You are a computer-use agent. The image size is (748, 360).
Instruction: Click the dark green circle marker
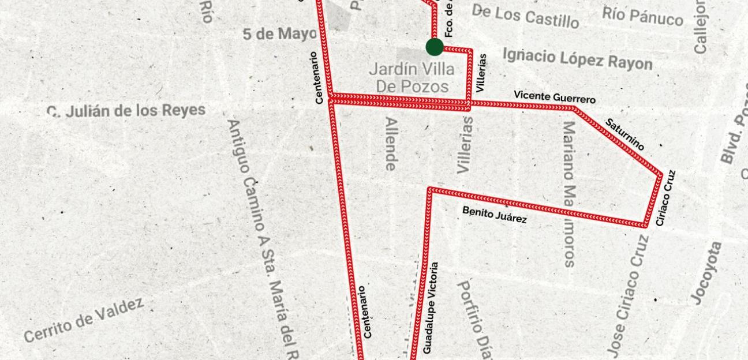pyautogui.click(x=435, y=47)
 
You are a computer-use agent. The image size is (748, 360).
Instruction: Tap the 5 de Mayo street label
pyautogui.click(x=279, y=34)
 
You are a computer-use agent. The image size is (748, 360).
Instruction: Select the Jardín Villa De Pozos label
pyautogui.click(x=412, y=78)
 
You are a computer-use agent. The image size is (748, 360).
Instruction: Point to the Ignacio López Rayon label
pyautogui.click(x=577, y=59)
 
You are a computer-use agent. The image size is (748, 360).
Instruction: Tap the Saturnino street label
pyautogui.click(x=624, y=134)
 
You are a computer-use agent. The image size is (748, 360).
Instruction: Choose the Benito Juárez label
pyautogui.click(x=494, y=215)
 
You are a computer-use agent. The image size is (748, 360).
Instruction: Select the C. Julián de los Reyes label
pyautogui.click(x=126, y=111)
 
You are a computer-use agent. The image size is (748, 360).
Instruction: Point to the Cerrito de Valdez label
pyautogui.click(x=84, y=320)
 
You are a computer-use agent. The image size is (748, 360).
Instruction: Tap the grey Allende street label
pyautogui.click(x=391, y=144)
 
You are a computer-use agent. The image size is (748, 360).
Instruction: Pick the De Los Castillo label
pyautogui.click(x=525, y=16)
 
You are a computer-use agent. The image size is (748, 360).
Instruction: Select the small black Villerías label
pyautogui.click(x=482, y=73)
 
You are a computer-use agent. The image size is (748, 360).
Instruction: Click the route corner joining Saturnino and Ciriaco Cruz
pyautogui.click(x=660, y=174)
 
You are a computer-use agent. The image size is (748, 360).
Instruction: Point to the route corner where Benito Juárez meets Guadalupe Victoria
pyautogui.click(x=429, y=189)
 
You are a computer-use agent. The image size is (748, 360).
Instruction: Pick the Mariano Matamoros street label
pyautogui.click(x=569, y=193)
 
